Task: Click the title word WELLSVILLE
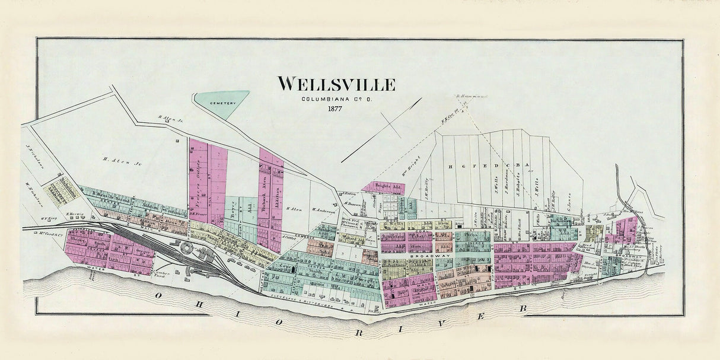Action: coord(336,84)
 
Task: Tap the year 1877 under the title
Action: coord(336,109)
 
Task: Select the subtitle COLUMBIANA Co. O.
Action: coord(336,98)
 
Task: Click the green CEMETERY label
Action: coord(222,103)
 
